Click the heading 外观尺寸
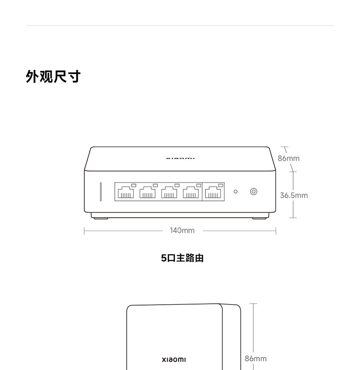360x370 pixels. pos(53,76)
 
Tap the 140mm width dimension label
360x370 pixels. pos(182,230)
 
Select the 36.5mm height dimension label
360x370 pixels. pos(294,196)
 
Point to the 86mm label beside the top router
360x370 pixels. pos(288,159)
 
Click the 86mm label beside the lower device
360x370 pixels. pos(255,358)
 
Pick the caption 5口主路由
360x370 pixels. pos(182,258)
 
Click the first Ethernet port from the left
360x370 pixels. pos(126,192)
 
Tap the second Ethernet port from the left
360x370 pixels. pos(147,192)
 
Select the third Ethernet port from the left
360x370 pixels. pos(169,192)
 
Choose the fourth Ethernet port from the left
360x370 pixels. pos(191,192)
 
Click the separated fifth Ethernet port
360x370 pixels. pos(213,192)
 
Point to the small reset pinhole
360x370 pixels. pos(236,192)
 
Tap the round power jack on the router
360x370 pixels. pos(253,192)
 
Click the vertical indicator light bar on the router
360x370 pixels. pos(101,192)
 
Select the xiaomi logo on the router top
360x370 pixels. pos(180,159)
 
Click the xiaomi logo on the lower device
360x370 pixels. pos(174,359)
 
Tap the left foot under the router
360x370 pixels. pos(101,218)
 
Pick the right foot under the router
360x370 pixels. pos(259,218)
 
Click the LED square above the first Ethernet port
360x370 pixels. pos(133,185)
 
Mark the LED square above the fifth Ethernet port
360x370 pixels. pos(221,185)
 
